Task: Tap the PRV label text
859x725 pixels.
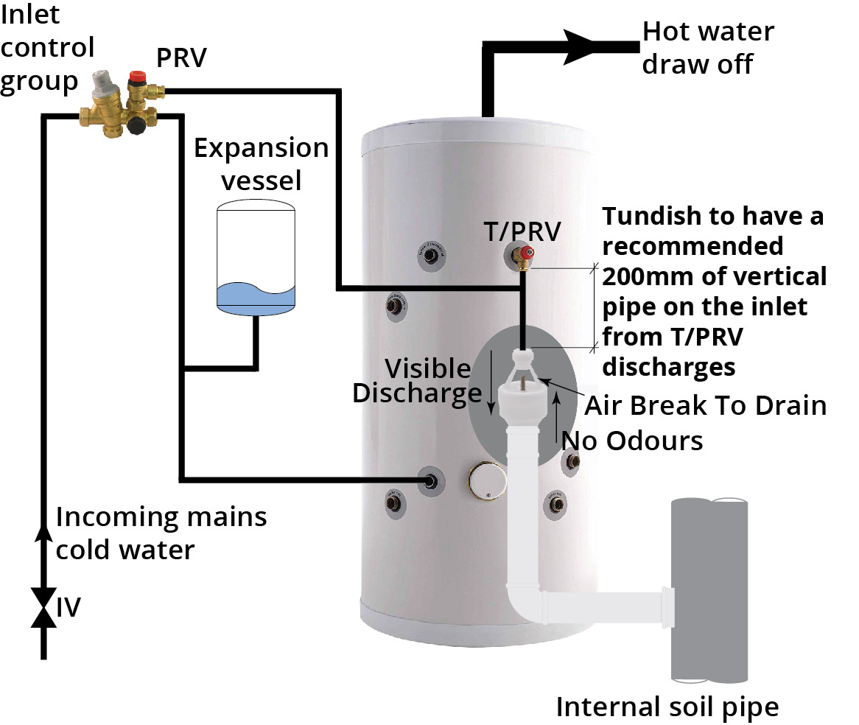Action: (180, 58)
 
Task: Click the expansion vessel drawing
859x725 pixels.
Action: (256, 258)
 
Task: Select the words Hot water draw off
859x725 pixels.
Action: (698, 47)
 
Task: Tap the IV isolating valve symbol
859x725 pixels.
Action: (43, 607)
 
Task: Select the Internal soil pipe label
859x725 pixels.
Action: (667, 707)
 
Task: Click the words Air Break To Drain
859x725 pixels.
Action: (705, 405)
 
